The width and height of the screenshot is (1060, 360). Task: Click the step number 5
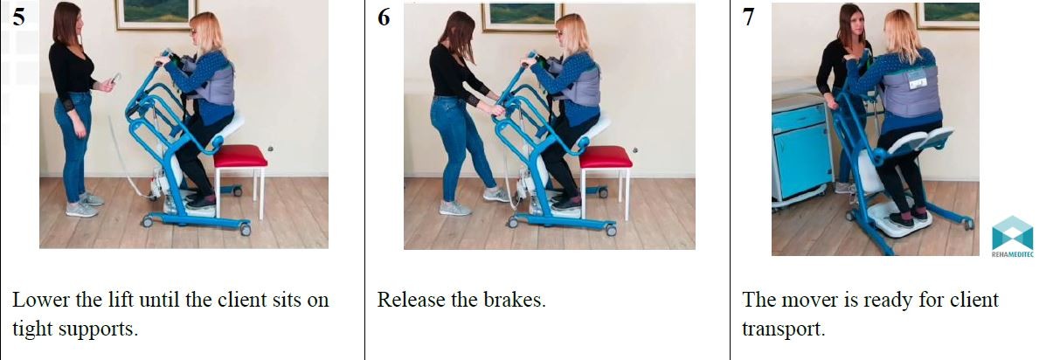(18, 17)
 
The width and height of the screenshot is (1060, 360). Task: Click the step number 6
(384, 17)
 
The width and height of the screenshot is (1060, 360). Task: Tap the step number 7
(748, 17)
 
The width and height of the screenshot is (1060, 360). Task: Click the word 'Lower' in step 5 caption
(41, 300)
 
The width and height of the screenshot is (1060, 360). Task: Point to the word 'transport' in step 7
(783, 329)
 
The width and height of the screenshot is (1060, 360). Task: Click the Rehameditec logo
(1013, 237)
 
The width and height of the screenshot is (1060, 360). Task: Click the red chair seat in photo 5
(240, 156)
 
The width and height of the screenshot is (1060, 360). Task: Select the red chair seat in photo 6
(606, 156)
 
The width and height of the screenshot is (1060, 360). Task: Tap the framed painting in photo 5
(156, 14)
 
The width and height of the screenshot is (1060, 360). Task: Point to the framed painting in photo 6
(523, 17)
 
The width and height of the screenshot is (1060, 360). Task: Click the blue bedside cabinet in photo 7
(800, 149)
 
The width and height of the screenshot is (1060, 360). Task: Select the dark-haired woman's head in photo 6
(459, 31)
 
